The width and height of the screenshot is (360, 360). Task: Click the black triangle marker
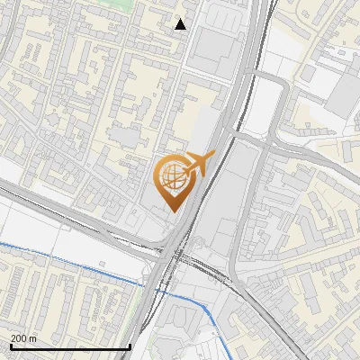click(x=181, y=24)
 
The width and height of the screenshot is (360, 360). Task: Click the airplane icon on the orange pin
click(x=199, y=164)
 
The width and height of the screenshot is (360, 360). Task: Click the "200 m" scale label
click(x=24, y=338)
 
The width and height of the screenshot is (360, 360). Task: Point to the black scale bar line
click(x=70, y=346)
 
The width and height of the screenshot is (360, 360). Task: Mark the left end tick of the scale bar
click(x=10, y=346)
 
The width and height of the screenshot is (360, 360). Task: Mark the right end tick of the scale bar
click(x=130, y=346)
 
